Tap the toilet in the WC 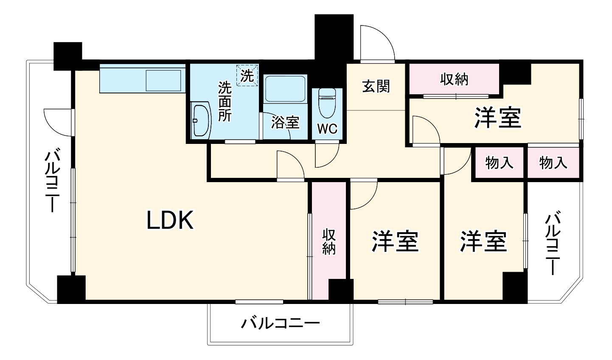(x=327, y=103)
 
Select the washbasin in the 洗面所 (x=200, y=120)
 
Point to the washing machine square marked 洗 (x=247, y=76)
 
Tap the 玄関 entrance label (x=376, y=86)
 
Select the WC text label (x=328, y=129)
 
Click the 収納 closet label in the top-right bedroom (x=454, y=79)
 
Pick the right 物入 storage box (x=553, y=163)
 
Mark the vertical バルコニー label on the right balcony (x=552, y=244)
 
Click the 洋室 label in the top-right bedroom (x=497, y=118)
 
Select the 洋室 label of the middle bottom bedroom (x=396, y=241)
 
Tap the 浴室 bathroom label (x=285, y=122)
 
